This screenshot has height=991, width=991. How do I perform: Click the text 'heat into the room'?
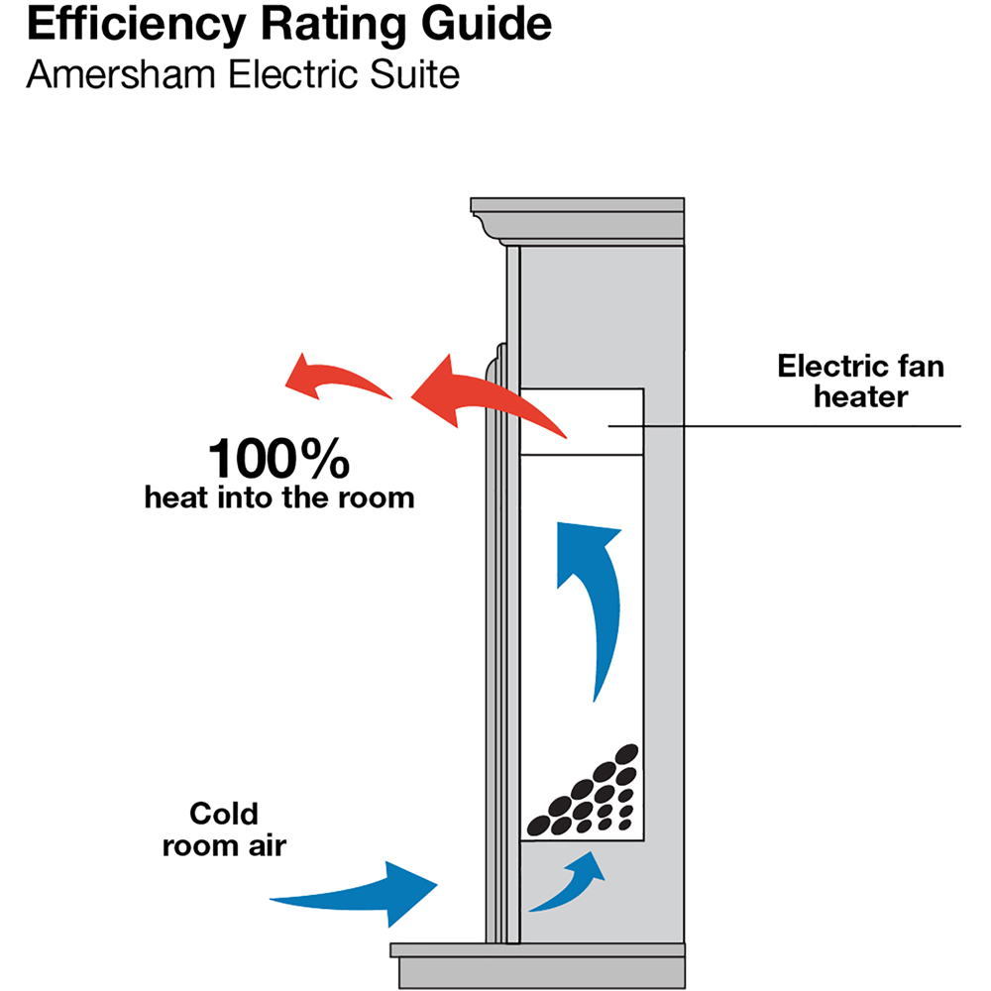tap(278, 496)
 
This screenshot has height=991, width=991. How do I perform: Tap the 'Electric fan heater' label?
tap(859, 382)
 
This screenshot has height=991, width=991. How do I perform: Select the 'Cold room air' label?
tap(223, 830)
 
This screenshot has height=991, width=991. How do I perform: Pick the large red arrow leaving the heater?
tap(486, 396)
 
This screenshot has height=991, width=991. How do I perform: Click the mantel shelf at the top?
tap(578, 213)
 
